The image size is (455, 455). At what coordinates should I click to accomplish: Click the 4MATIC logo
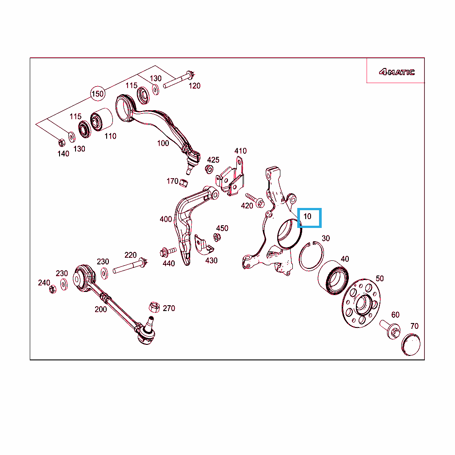point(397,72)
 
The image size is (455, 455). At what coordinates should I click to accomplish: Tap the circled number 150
point(97,94)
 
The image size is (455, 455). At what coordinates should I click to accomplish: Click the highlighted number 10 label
point(307,216)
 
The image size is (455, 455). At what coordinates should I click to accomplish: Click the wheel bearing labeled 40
point(333,278)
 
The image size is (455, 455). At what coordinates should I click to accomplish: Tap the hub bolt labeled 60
point(390,329)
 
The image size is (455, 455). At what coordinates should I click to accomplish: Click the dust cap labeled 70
point(411,344)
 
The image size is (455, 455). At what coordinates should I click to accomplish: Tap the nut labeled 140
point(61,143)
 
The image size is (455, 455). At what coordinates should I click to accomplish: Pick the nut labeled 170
point(184,183)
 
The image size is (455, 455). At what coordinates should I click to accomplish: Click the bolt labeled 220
point(130,266)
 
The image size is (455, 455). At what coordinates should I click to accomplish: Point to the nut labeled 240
point(52,289)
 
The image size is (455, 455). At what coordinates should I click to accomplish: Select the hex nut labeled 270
point(154,307)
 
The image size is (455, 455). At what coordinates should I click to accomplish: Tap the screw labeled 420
point(255,200)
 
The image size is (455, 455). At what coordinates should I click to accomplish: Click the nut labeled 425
point(209,169)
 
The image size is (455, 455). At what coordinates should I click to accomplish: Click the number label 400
point(166,219)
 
